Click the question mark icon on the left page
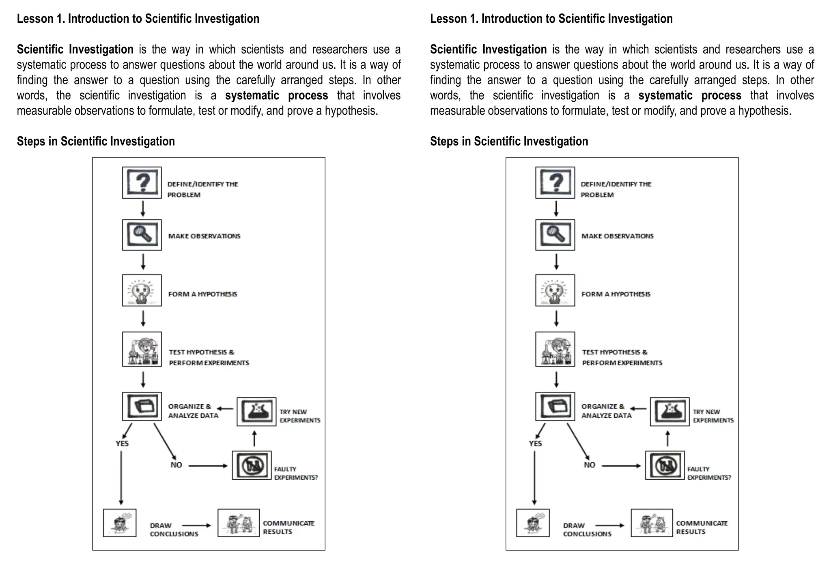(142, 182)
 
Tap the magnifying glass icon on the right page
(555, 235)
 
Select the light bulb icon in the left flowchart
(142, 290)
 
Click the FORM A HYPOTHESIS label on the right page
(616, 294)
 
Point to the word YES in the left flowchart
(122, 443)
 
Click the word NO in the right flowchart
(590, 465)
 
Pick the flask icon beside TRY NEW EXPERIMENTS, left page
(256, 412)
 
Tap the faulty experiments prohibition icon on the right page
(665, 466)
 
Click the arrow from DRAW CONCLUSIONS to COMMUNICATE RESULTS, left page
(197, 526)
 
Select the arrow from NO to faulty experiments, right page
(621, 466)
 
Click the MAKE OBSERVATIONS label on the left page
(204, 236)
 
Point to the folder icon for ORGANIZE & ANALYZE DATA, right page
(555, 406)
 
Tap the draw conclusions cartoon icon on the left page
(120, 523)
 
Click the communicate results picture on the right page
(652, 523)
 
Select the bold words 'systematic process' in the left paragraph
(277, 95)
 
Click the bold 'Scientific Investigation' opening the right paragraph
(489, 49)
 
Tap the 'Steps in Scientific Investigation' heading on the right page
(509, 141)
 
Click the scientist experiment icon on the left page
(142, 349)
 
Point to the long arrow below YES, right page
(534, 478)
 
